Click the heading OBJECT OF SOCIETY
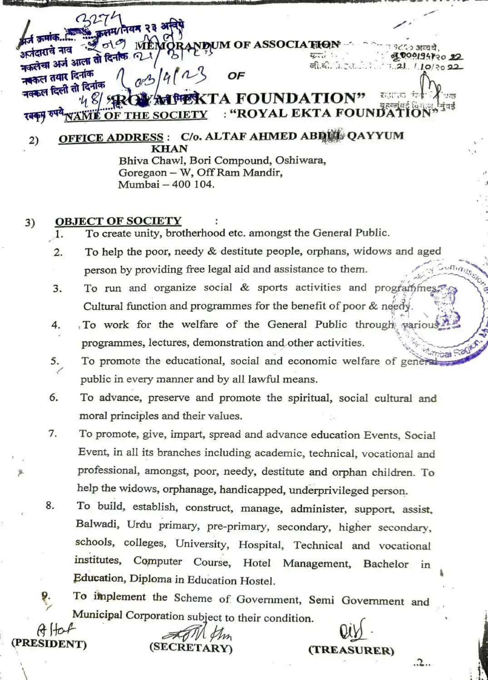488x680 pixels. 118,221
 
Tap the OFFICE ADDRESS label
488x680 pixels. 111,137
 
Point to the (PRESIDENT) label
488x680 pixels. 49,644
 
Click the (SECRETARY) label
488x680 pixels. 191,648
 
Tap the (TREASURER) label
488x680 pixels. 351,650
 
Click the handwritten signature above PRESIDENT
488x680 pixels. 56,630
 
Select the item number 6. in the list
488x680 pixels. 54,398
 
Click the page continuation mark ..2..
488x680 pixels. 422,663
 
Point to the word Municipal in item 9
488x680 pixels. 97,615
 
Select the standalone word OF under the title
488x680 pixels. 236,76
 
